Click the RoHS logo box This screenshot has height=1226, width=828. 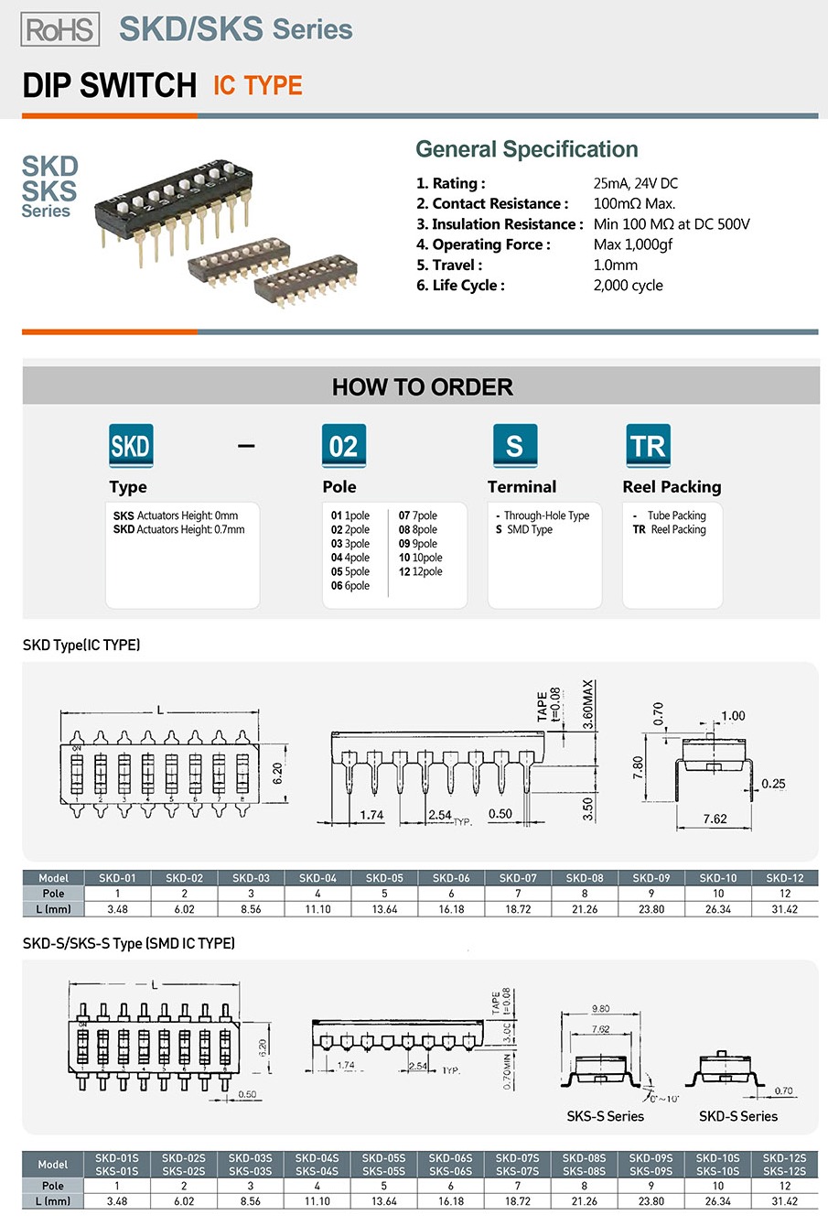click(x=60, y=29)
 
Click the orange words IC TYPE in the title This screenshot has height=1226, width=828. click(x=257, y=86)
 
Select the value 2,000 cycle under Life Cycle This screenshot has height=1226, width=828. click(x=628, y=286)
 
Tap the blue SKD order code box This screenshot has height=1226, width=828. click(x=131, y=446)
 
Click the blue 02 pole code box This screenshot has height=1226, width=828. click(x=343, y=446)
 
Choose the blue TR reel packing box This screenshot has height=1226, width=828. click(x=648, y=446)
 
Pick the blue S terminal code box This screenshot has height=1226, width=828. click(x=514, y=446)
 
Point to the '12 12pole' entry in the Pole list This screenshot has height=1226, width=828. click(x=420, y=571)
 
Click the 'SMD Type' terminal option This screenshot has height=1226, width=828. click(x=529, y=530)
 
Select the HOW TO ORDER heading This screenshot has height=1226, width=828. click(x=422, y=387)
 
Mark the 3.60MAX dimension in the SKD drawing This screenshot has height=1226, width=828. click(x=588, y=703)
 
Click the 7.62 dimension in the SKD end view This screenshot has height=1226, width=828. click(x=715, y=819)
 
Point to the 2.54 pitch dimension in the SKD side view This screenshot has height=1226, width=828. click(x=440, y=814)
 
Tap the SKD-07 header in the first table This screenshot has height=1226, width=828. click(x=518, y=878)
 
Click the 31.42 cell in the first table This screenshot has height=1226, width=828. click(x=784, y=909)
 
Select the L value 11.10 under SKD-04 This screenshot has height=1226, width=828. click(x=317, y=909)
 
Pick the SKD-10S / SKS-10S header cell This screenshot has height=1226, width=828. click(x=717, y=1165)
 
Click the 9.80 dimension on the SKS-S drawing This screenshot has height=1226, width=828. click(x=600, y=1008)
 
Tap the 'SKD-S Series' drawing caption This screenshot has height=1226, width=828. click(x=737, y=1116)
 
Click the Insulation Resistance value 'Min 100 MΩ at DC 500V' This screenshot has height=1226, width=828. click(x=671, y=224)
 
